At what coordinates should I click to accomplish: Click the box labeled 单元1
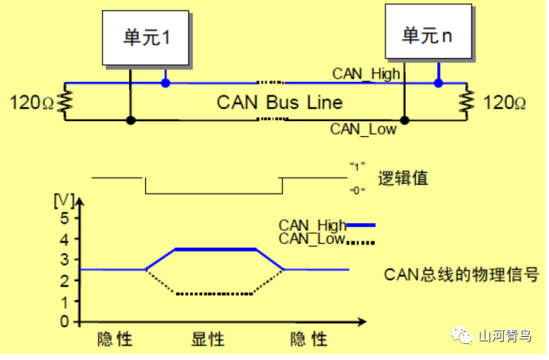tap(147, 37)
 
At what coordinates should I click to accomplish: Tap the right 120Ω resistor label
tap(504, 102)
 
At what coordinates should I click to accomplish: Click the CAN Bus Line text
tap(280, 102)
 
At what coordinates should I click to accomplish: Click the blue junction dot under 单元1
tap(165, 82)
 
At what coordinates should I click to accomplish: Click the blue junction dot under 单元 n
tap(437, 82)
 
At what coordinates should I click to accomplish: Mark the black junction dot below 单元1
tap(129, 120)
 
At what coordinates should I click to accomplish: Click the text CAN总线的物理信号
tap(461, 275)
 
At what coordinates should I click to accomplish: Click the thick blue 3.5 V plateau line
tap(215, 249)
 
